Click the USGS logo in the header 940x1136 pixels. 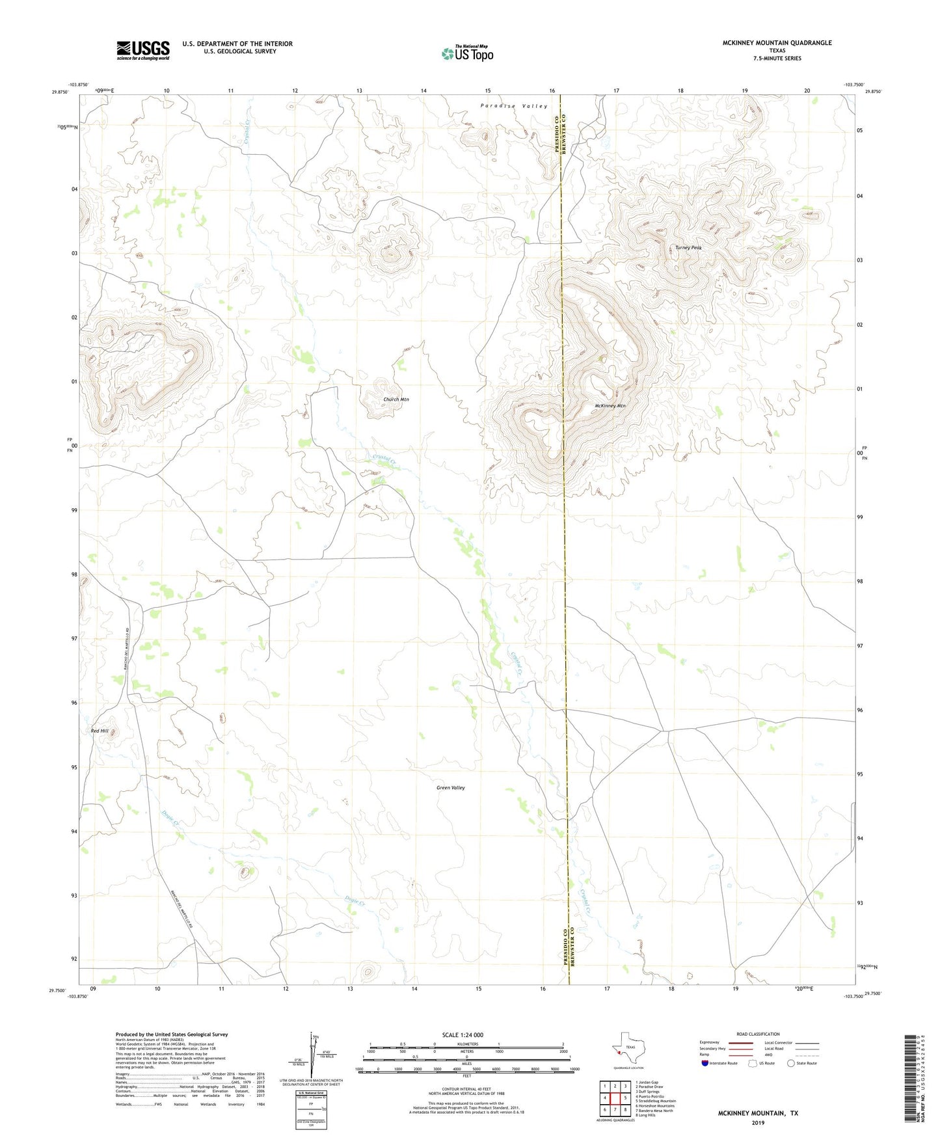point(143,50)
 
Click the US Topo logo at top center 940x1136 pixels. point(467,53)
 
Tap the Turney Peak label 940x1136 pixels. point(688,248)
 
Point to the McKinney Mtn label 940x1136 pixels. point(610,406)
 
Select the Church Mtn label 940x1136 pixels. point(396,399)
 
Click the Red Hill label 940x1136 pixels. point(100,731)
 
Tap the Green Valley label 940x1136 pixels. point(450,788)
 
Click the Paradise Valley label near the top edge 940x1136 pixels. point(514,106)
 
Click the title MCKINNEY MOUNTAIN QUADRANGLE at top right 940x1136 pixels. point(777,43)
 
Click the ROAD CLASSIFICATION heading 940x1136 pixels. point(758,1034)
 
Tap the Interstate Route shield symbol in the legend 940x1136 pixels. point(705,1063)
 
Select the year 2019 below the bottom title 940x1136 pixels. point(758,1122)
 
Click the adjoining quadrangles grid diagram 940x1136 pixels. point(615,1098)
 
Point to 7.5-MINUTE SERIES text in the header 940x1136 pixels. point(777,59)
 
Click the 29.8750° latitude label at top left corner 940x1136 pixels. point(59,92)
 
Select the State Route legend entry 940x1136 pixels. point(801,1063)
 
